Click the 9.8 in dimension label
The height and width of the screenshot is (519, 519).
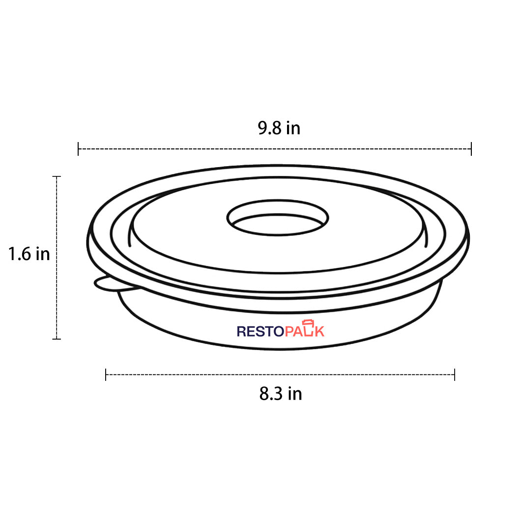(x=279, y=128)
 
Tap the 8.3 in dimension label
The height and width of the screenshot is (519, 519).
(x=281, y=394)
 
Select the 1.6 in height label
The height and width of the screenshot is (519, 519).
(x=29, y=254)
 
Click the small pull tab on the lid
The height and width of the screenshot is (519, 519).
(x=105, y=284)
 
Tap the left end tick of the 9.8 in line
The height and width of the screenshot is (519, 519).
(x=78, y=148)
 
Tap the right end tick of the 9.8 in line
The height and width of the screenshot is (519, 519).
(x=471, y=148)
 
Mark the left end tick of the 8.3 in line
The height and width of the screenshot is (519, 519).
(x=106, y=375)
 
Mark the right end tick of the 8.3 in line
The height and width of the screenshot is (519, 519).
(x=455, y=375)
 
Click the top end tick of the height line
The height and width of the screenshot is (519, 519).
(x=57, y=176)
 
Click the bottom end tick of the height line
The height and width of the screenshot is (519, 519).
(x=57, y=339)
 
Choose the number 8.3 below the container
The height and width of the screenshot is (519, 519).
(x=270, y=394)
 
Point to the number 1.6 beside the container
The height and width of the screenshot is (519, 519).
(x=19, y=254)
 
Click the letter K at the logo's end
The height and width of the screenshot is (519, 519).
(x=319, y=332)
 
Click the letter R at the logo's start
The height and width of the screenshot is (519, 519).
(x=241, y=332)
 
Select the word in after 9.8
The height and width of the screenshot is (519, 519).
(x=293, y=128)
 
